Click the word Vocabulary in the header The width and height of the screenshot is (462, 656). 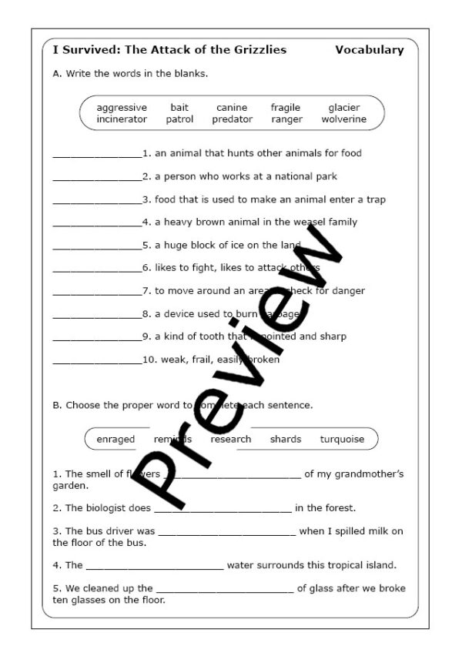point(370,50)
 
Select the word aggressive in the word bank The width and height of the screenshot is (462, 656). point(122,108)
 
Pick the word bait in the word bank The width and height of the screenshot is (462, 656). point(179,108)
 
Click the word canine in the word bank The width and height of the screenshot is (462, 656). point(232,108)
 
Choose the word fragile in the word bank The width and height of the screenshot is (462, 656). point(286,108)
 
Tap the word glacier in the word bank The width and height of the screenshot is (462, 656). point(344,108)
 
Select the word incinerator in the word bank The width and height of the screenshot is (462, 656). point(122,119)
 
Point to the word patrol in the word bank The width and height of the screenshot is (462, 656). point(179,119)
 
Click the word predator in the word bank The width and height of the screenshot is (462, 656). point(232,119)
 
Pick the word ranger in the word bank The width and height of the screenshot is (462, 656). point(286,119)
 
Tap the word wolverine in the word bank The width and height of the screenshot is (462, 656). point(344,119)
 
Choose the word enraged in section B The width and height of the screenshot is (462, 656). point(115,440)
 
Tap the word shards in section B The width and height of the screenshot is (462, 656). point(286,440)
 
